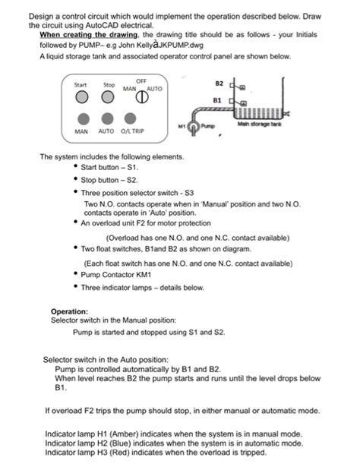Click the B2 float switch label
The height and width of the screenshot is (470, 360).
219,82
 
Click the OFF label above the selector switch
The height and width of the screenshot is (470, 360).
141,80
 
